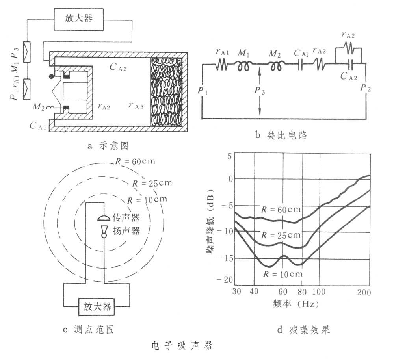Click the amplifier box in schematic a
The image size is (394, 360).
pyautogui.click(x=78, y=19)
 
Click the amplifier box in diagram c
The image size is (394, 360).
pyautogui.click(x=97, y=307)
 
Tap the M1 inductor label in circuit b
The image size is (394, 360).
pyautogui.click(x=243, y=53)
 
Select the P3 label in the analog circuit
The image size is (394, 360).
pyautogui.click(x=260, y=90)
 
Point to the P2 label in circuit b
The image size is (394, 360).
pyautogui.click(x=365, y=88)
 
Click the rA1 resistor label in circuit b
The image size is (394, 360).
pyautogui.click(x=222, y=52)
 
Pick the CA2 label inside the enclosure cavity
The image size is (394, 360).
pyautogui.click(x=118, y=67)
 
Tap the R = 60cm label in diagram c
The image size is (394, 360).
pyautogui.click(x=135, y=161)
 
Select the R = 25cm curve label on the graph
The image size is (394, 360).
pyautogui.click(x=281, y=235)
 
